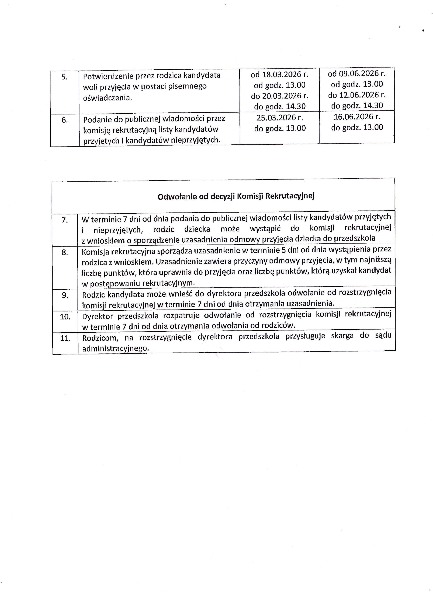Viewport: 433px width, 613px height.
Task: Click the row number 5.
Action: coord(64,77)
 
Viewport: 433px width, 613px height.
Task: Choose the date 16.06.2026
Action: coord(353,117)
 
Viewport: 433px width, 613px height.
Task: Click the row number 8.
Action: coord(65,252)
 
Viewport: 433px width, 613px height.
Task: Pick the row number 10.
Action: coord(65,317)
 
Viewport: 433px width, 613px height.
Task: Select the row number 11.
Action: coord(65,338)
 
